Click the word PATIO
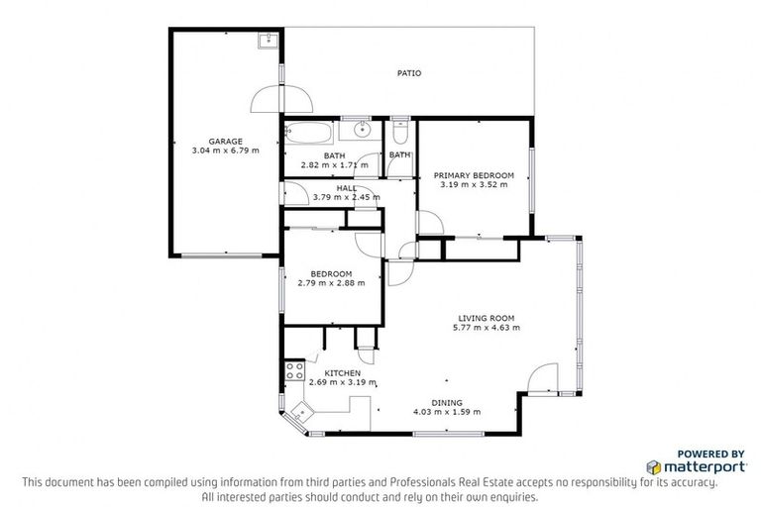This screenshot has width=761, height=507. coord(408,73)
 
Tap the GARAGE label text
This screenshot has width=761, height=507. coord(225,141)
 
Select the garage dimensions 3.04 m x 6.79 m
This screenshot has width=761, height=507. coord(225,151)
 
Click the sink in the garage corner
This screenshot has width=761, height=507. coord(267,40)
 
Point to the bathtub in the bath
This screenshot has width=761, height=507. coord(309,132)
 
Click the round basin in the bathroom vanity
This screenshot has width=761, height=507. coord(362,130)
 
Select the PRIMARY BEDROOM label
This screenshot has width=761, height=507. coord(474,175)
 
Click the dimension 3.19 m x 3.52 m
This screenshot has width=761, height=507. coord(474,184)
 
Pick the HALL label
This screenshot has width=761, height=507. coord(346,187)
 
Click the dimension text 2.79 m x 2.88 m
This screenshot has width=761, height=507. coord(331,282)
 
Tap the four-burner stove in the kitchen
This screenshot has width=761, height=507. coord(294,371)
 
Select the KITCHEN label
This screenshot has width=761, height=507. coord(328,373)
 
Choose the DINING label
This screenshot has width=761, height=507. coord(446,402)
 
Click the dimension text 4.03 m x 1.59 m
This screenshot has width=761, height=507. coord(446,412)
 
